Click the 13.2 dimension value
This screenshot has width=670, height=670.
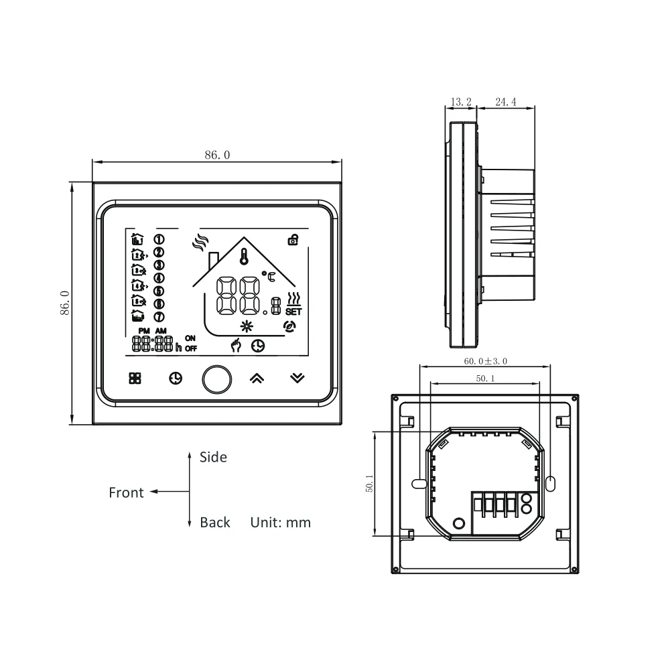461,102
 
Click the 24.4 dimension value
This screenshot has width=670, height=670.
505,102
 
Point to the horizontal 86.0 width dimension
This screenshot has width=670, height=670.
217,155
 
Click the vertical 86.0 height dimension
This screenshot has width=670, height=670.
64,303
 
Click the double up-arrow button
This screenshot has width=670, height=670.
257,379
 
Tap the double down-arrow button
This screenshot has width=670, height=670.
297,379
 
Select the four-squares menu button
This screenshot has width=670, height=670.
135,378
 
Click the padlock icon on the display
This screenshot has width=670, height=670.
293,239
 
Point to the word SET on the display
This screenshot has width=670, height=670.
293,312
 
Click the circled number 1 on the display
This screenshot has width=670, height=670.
159,239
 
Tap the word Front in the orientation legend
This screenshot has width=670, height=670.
126,493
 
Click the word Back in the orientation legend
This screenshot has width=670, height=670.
214,523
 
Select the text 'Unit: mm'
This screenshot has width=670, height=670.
281,523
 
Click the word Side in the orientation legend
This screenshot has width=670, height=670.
213,458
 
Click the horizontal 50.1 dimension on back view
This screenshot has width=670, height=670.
483,379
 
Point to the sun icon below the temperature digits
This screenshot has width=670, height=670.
248,327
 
